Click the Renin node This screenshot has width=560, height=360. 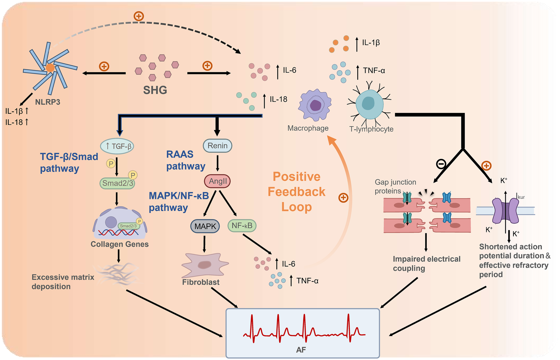[x=218, y=146]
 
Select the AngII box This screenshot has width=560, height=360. [x=218, y=181]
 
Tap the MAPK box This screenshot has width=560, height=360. [x=205, y=226]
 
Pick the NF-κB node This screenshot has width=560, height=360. [x=242, y=226]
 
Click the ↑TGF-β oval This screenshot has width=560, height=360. [x=117, y=146]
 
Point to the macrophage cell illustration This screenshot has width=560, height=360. [x=314, y=105]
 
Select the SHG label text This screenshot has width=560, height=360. [x=155, y=90]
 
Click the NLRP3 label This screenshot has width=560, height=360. [x=47, y=102]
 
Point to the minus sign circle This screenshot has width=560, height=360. [x=441, y=163]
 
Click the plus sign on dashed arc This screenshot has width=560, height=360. [x=139, y=16]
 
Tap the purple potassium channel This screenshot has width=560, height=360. [x=505, y=211]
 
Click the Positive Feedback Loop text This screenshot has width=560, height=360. [x=297, y=192]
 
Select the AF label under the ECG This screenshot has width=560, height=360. [x=301, y=350]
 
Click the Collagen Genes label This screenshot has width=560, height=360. [x=119, y=244]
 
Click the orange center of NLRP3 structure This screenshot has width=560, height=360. [x=50, y=68]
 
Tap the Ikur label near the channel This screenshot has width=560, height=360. [x=520, y=196]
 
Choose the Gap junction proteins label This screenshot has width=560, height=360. [x=395, y=186]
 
